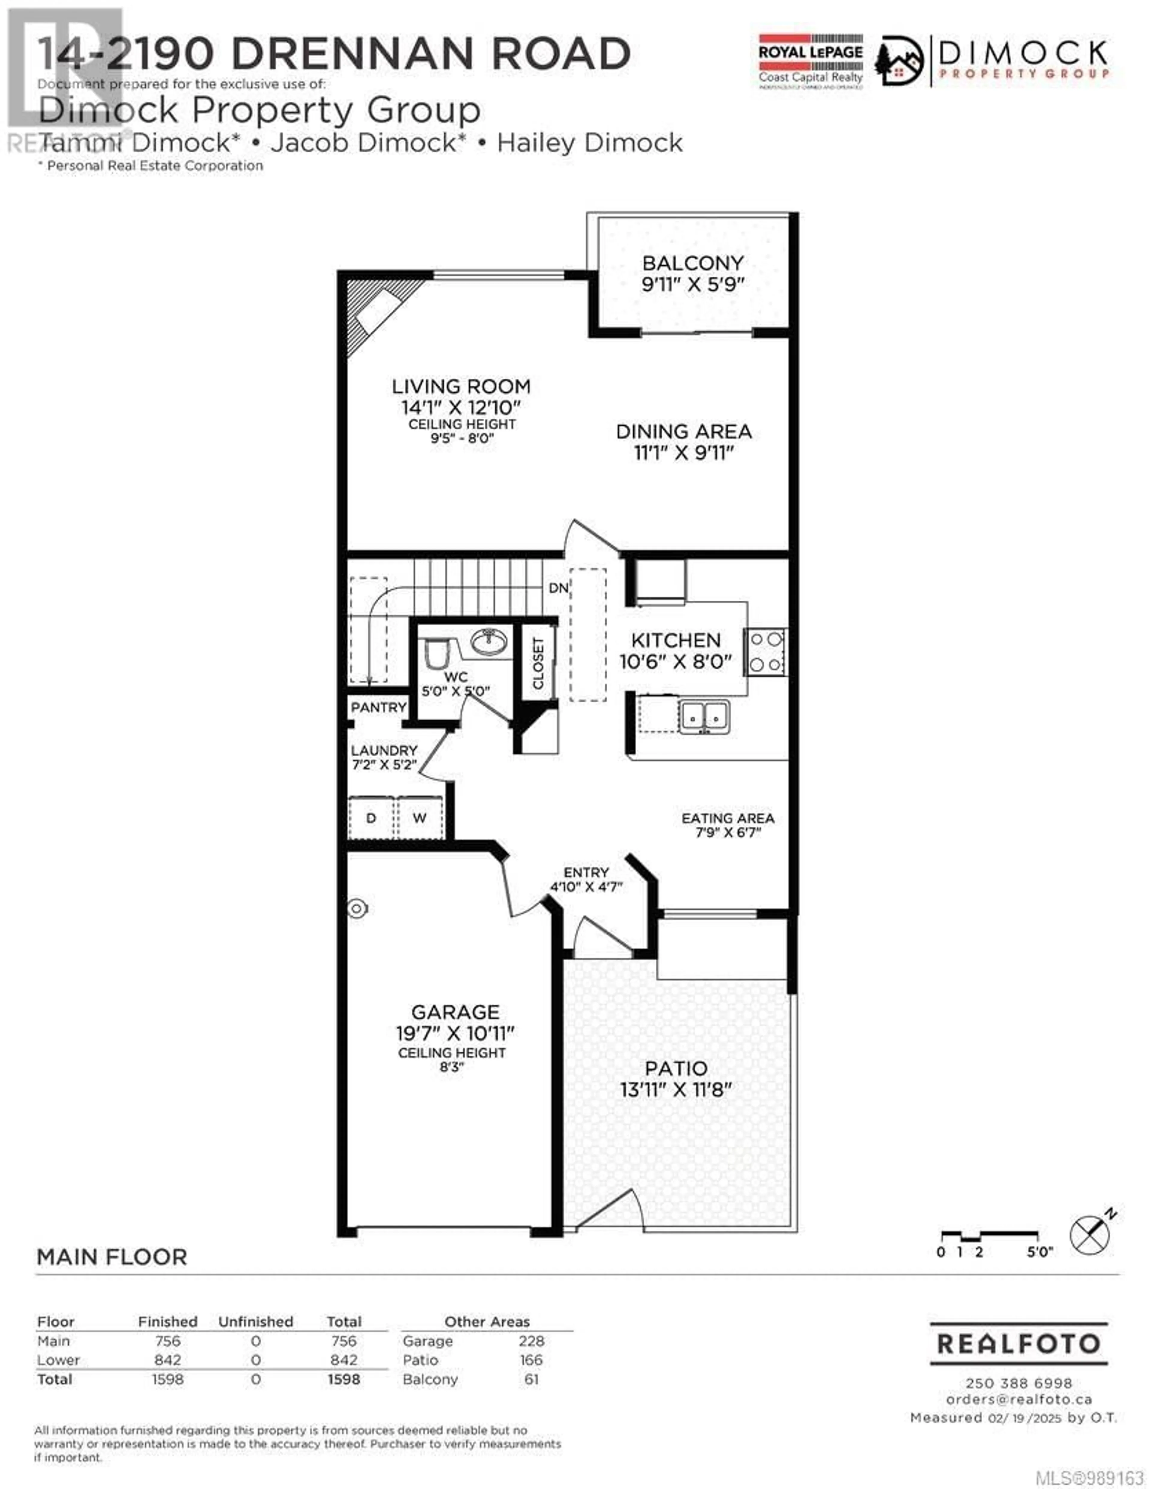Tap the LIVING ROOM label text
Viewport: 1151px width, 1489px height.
461,387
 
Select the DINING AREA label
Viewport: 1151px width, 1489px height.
684,432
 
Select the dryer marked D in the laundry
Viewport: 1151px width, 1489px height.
372,817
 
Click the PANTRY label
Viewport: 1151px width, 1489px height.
379,708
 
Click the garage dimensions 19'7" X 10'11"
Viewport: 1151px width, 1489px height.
456,1033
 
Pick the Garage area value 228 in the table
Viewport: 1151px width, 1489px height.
531,1341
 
